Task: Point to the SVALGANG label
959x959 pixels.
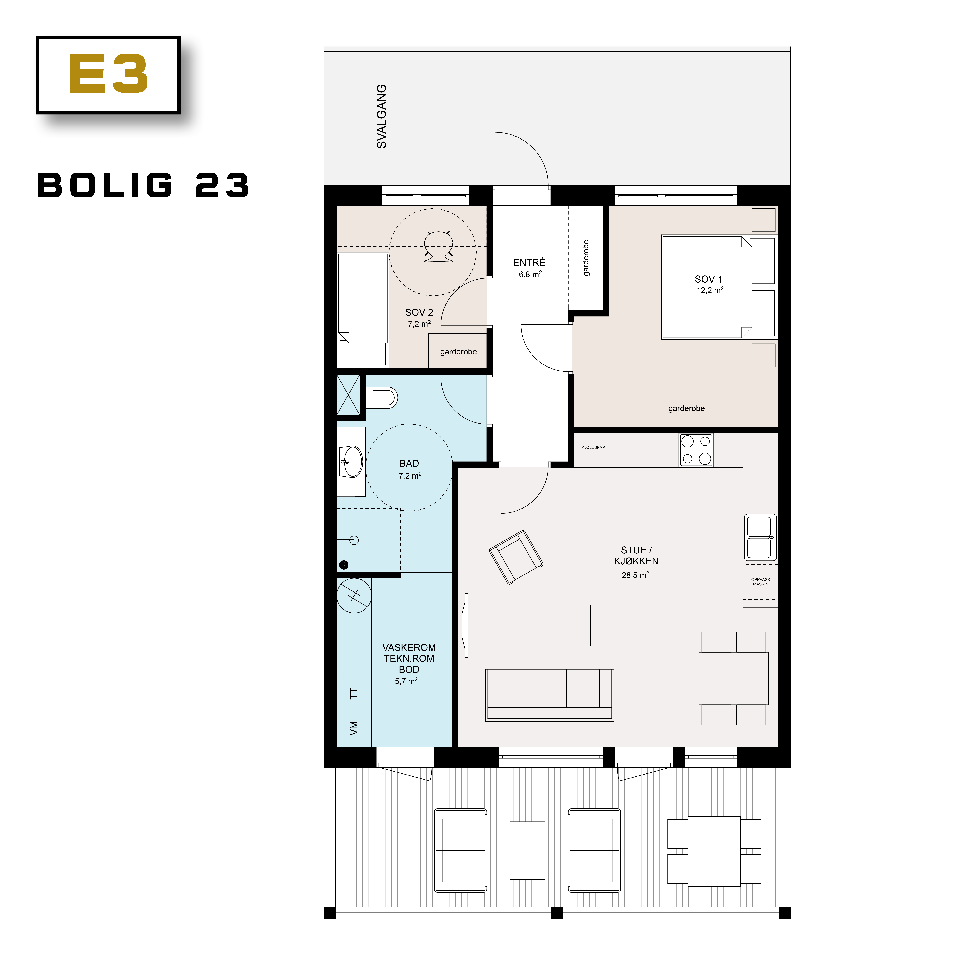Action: [381, 116]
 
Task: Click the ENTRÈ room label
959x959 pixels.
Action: [529, 263]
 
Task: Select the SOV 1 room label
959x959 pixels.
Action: [708, 279]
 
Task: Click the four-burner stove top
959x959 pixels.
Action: [696, 450]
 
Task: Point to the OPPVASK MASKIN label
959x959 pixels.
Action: [760, 582]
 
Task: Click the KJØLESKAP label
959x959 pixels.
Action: [593, 447]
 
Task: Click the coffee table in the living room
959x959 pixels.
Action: [550, 625]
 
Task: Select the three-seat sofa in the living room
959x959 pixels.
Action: [550, 695]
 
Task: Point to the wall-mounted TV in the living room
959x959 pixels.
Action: [466, 625]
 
